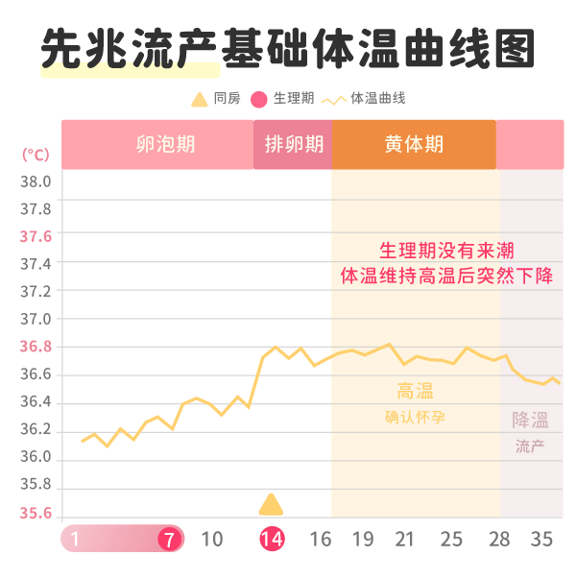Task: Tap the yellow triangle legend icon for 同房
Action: pos(199,99)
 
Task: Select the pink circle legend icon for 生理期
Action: pos(258,99)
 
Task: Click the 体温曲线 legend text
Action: pos(377,99)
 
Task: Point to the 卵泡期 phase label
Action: pos(165,145)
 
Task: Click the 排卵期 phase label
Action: pos(294,145)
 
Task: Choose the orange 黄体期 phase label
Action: pos(414,145)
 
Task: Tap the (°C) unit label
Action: pos(36,154)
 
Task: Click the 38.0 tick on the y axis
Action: pos(36,181)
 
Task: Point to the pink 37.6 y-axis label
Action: pos(36,236)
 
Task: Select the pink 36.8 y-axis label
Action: pos(36,347)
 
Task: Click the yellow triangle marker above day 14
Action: pos(272,505)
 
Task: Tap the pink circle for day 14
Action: pos(272,539)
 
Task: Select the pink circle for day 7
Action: pos(170,539)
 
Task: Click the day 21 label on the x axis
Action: pos(404,539)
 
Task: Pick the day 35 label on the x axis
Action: pos(541,539)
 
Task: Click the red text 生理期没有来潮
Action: pos(446,251)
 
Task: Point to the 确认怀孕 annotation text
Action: pos(415,417)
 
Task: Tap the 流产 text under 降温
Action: pos(530,446)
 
